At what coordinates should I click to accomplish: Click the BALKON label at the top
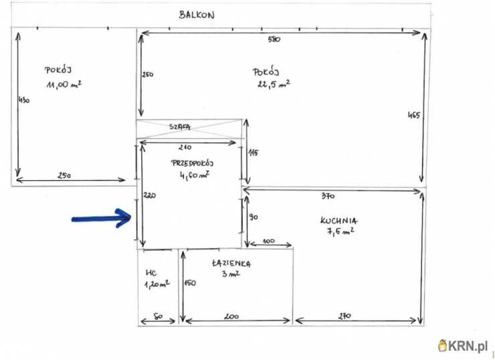(197, 15)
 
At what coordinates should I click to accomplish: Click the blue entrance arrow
(101, 218)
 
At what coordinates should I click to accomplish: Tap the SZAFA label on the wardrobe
(180, 127)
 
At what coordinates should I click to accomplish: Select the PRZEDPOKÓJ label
(192, 163)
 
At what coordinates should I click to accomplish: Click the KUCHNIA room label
(339, 220)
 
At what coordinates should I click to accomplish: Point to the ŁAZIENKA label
(231, 264)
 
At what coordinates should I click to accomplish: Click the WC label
(151, 272)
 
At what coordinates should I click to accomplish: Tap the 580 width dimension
(274, 39)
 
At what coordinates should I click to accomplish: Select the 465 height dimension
(414, 115)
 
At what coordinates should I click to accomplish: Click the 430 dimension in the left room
(24, 100)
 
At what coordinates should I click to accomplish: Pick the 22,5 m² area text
(274, 84)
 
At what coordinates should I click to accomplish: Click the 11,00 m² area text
(64, 84)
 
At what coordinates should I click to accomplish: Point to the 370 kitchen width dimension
(328, 196)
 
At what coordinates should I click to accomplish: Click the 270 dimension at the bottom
(344, 316)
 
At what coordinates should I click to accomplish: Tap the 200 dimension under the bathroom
(231, 317)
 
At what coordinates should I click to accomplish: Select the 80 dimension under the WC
(158, 316)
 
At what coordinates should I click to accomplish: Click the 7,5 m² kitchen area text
(340, 231)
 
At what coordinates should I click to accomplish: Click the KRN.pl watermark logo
(463, 346)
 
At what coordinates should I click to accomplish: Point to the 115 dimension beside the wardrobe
(253, 153)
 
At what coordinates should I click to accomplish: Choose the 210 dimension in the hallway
(185, 147)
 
